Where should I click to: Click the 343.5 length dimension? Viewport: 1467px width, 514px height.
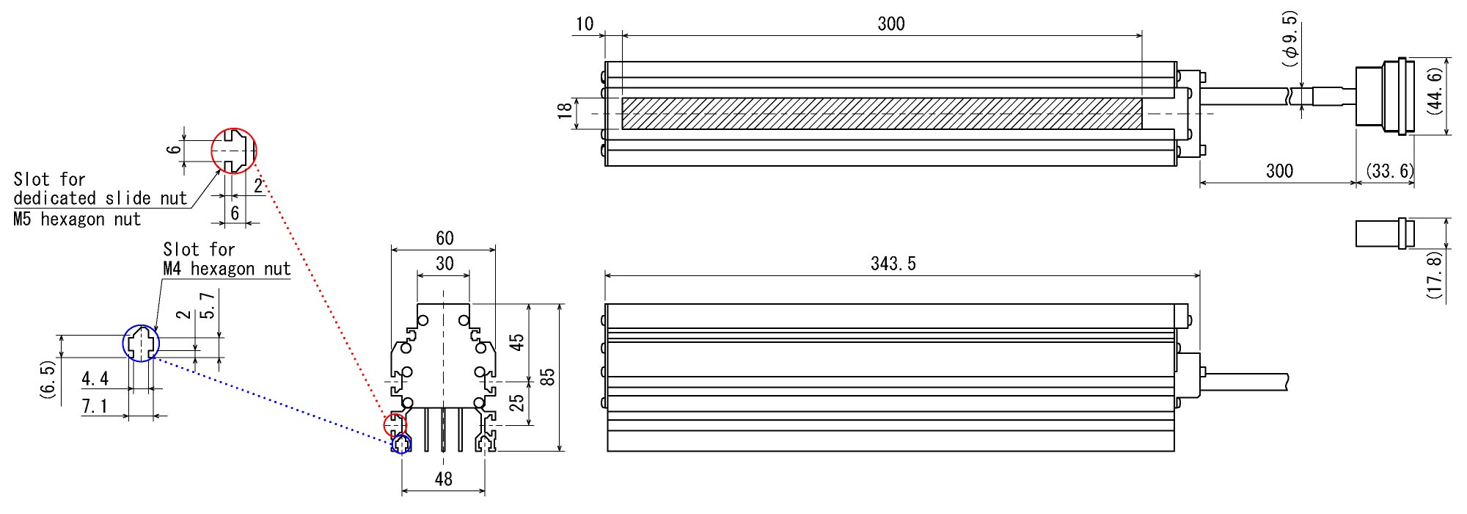coord(893,264)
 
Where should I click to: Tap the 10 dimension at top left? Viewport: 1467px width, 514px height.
coord(585,24)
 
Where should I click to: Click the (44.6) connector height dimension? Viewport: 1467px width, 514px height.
coord(1435,91)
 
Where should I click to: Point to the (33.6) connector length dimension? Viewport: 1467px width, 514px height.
coord(1389,171)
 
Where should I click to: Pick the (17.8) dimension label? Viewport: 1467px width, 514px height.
coord(1435,274)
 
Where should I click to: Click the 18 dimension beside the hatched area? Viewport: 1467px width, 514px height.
coord(565,111)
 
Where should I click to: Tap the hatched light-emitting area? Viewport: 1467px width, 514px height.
coord(880,114)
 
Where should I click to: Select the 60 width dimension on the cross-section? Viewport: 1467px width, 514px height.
coord(445,239)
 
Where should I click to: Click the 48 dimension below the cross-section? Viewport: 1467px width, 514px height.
coord(443,479)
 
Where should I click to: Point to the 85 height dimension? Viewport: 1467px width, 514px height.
coord(547,377)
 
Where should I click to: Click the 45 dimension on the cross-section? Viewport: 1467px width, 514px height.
coord(517,342)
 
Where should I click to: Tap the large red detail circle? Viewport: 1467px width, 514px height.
coord(234,151)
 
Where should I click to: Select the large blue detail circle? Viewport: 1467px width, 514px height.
coord(141,343)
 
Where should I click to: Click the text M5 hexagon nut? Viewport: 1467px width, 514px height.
coord(77,220)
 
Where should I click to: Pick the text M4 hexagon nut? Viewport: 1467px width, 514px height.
coord(227,269)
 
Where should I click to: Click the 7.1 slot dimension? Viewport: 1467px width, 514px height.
coord(94,406)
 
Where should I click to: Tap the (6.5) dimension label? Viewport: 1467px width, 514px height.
coord(48,380)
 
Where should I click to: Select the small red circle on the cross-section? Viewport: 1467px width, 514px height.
coord(395,424)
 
